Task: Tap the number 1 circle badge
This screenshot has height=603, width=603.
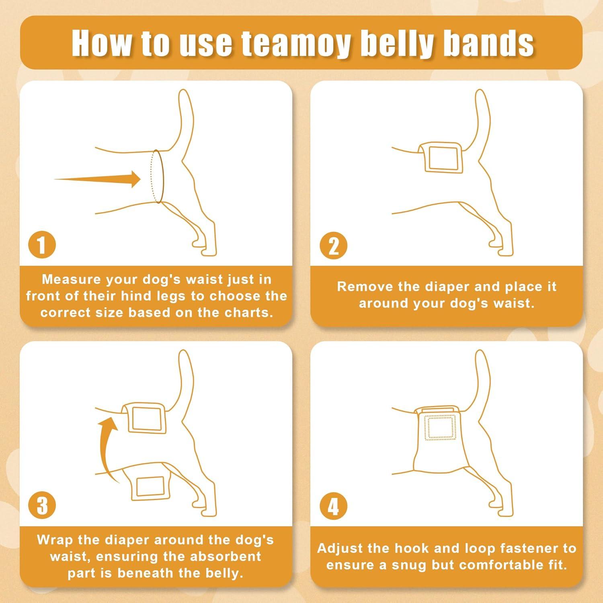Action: pos(42,245)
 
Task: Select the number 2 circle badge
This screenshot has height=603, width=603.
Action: pos(333,246)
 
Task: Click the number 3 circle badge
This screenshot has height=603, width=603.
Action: pos(42,506)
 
